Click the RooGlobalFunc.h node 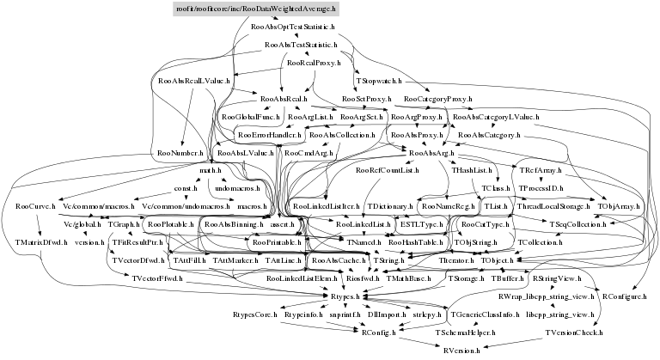coord(251,117)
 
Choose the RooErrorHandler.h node coord(269,135)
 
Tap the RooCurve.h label coord(35,207)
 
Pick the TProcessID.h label coord(541,189)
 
